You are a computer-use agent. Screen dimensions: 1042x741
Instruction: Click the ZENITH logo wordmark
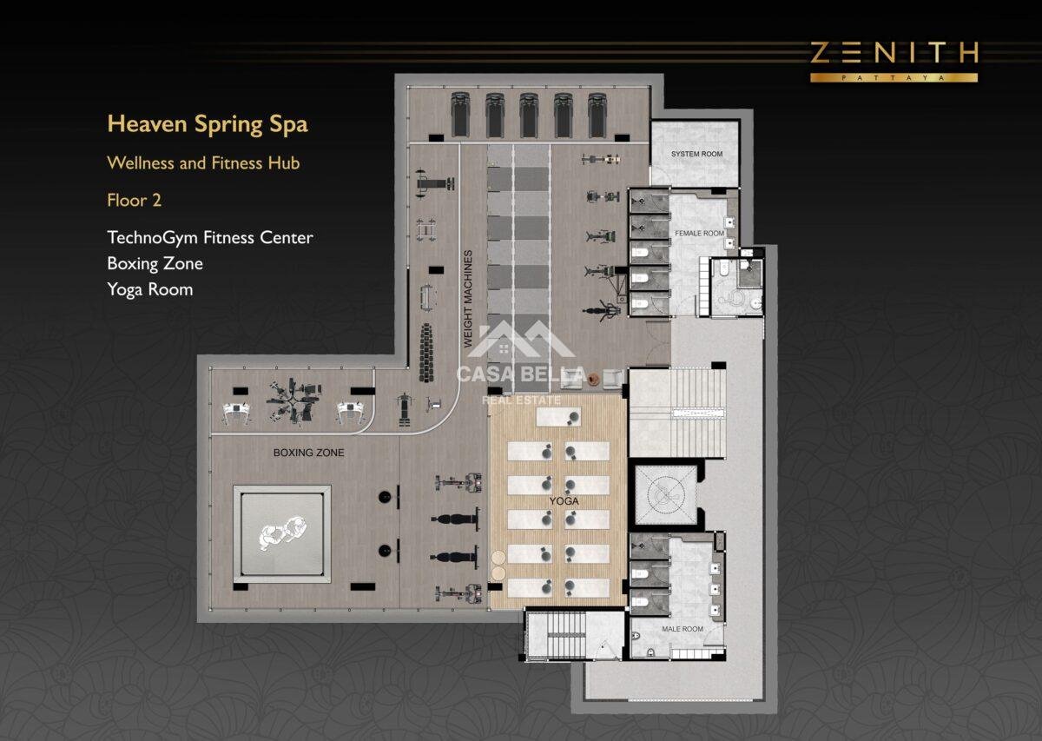pos(894,53)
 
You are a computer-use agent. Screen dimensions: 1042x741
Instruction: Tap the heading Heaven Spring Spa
pos(208,124)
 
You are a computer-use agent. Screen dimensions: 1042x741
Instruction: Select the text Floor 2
pos(135,200)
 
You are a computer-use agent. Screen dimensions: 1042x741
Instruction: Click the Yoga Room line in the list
pos(149,289)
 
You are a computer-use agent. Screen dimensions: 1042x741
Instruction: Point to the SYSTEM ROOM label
pos(696,154)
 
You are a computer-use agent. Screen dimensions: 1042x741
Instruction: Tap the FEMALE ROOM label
pos(699,233)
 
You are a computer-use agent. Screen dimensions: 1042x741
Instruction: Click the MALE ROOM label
pos(683,629)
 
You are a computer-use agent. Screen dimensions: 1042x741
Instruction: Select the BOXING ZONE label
pos(309,453)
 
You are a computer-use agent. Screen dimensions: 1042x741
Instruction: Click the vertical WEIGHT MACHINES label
pos(468,298)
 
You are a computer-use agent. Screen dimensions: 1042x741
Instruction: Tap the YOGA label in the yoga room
pos(564,501)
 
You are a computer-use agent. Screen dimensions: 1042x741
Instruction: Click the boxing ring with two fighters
pos(282,534)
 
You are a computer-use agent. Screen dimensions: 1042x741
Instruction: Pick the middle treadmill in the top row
pos(529,115)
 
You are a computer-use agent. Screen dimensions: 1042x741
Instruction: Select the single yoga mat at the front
pos(558,417)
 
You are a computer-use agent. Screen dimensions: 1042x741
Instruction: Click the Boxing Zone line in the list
pos(155,264)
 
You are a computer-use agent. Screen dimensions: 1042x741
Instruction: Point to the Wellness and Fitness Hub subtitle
pos(203,163)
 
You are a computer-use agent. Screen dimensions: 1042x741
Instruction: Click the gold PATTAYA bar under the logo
pos(894,77)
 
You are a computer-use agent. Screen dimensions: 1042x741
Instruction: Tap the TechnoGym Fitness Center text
pos(210,238)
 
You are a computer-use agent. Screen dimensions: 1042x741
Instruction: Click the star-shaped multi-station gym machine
pos(293,400)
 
